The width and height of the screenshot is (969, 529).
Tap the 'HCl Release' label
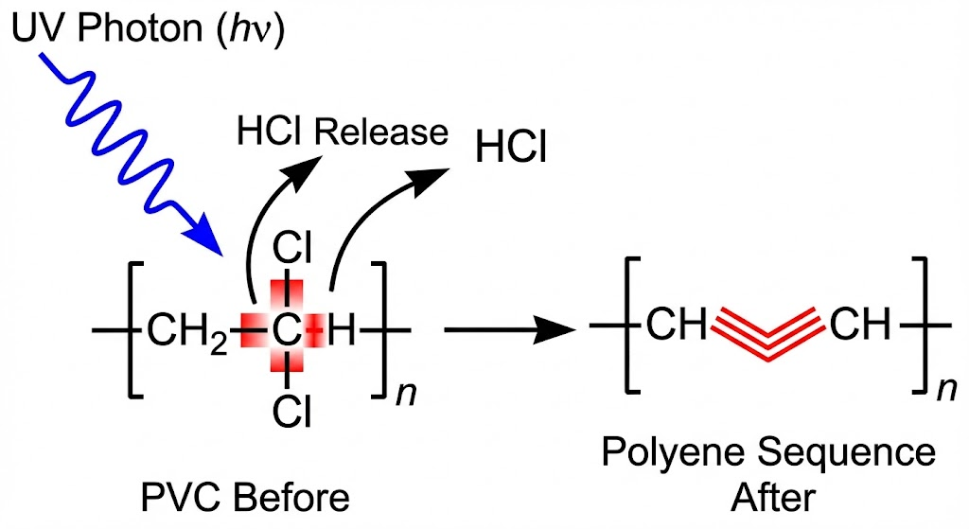(342, 132)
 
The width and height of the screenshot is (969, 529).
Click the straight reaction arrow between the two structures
(511, 331)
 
